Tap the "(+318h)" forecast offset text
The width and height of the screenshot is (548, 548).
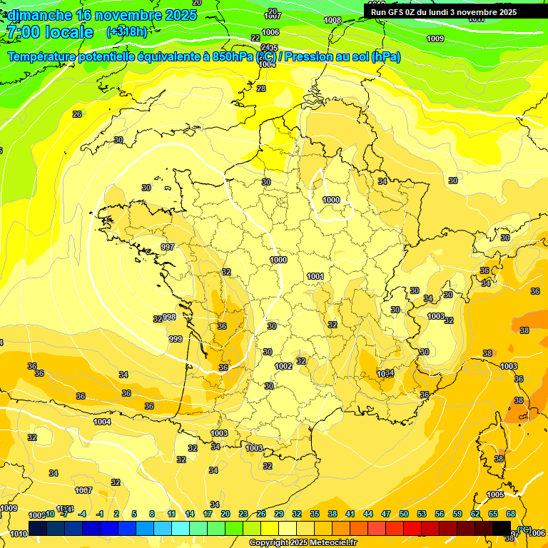tap(128, 32)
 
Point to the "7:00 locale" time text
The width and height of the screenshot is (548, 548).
tap(50, 32)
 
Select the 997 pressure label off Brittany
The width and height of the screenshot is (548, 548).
tap(168, 247)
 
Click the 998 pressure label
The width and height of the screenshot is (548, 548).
tap(169, 317)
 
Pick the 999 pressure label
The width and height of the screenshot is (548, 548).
tap(176, 339)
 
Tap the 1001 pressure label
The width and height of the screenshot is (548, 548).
tap(315, 276)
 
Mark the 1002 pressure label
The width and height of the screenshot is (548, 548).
tap(283, 366)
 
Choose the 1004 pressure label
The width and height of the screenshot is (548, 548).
tap(102, 422)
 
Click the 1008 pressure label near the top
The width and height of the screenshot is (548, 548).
tap(333, 20)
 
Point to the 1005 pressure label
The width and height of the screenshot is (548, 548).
tap(495, 494)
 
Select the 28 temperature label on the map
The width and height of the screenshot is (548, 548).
tap(261, 88)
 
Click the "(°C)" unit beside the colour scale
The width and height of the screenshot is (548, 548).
tap(524, 529)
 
